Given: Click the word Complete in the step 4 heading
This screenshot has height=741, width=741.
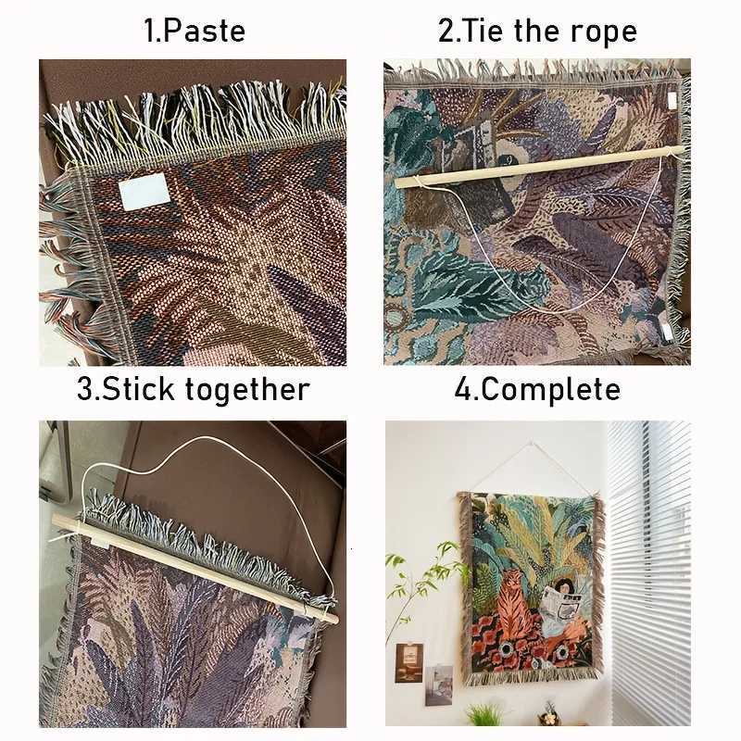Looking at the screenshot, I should [548, 388].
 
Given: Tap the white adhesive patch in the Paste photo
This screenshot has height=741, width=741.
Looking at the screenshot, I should [142, 194].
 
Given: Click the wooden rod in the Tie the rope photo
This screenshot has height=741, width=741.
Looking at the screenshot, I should [537, 166].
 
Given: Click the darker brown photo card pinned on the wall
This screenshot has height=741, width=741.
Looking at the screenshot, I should [408, 661].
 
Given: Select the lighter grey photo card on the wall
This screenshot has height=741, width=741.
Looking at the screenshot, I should [438, 684].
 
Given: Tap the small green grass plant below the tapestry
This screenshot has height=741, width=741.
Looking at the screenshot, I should [484, 713].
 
